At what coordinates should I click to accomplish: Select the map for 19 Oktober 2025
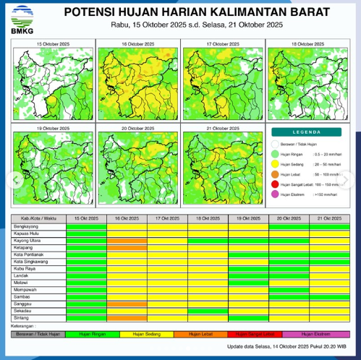[x=53, y=165]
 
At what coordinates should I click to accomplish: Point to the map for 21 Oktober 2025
[x=223, y=165]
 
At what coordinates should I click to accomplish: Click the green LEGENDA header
[x=307, y=132]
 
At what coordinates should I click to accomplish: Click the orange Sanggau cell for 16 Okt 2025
[x=127, y=304]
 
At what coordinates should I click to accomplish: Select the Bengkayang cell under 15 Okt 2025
[x=86, y=226]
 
